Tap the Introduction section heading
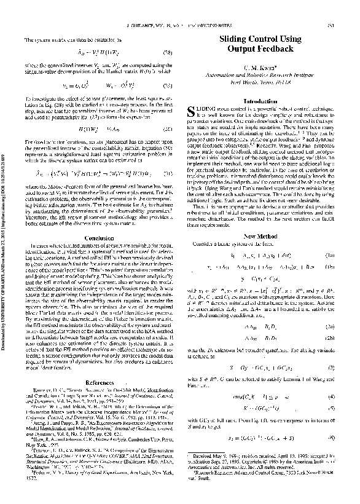pyautogui.click(x=260, y=100)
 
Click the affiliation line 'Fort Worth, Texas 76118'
pyautogui.click(x=260, y=85)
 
